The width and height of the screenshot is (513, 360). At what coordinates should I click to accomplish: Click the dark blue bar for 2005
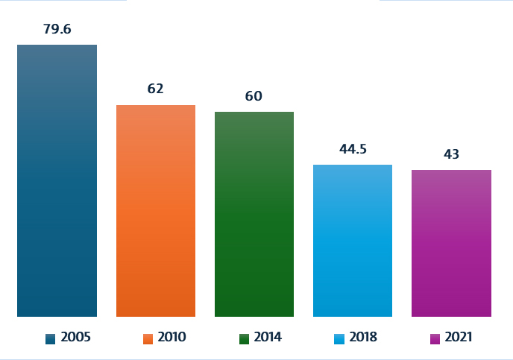point(57,180)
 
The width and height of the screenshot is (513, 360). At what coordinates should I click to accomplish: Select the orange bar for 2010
point(156,211)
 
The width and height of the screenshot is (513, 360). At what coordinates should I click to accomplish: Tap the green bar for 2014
point(254,214)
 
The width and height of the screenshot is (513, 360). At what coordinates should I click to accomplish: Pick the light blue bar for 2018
point(353,241)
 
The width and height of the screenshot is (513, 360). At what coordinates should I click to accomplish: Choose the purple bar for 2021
point(451,243)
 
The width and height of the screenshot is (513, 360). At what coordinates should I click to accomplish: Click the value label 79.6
point(57,30)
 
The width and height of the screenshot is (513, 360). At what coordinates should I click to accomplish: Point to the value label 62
point(155,89)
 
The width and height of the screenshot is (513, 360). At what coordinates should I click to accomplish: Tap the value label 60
point(254,96)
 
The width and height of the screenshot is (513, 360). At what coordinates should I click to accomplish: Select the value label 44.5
point(353,149)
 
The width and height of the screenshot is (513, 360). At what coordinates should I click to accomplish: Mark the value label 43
point(451,154)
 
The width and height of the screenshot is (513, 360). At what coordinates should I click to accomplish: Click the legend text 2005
point(75,338)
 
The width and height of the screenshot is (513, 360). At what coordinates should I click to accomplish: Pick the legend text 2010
point(171,338)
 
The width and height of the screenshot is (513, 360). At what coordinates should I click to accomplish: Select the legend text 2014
point(268,338)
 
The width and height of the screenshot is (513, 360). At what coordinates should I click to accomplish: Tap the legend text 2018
point(363,338)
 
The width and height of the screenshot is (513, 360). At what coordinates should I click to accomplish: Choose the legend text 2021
point(459,338)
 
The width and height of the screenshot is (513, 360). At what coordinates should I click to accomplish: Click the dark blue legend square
point(50,338)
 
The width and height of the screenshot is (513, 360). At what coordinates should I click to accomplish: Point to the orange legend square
point(148,338)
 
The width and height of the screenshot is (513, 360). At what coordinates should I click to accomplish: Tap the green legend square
point(244,338)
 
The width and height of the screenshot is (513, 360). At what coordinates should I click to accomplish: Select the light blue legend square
point(339,338)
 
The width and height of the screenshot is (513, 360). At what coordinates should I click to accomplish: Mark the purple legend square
point(435,338)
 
